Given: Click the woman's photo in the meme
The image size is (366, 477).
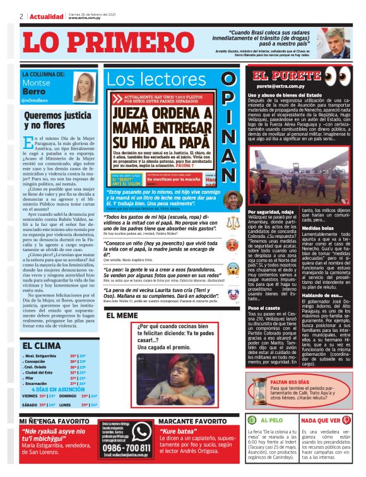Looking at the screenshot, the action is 170,372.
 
